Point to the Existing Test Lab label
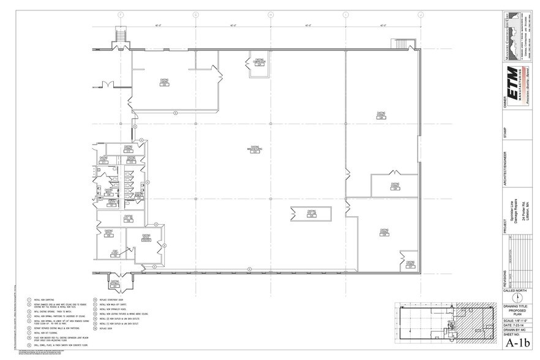point(311,214)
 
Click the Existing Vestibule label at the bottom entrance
point(114,282)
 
